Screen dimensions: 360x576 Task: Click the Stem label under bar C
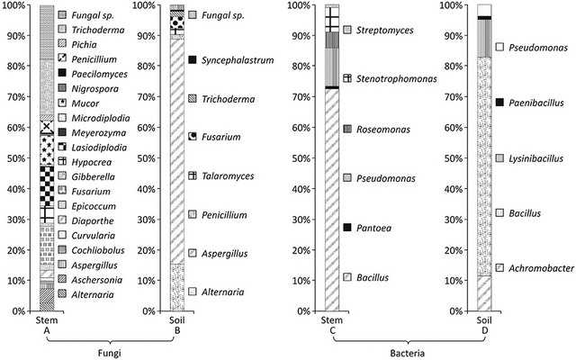coord(332,319)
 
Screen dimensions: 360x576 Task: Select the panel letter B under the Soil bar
coord(177,330)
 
